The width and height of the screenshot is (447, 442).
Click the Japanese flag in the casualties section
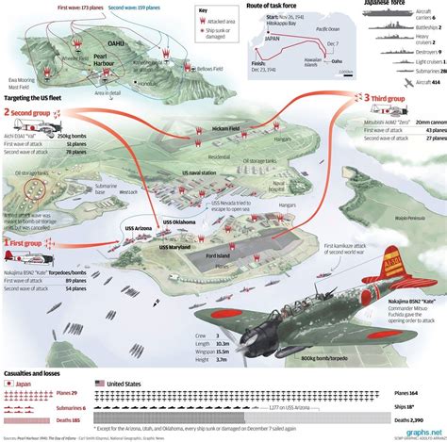(x=9, y=384)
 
